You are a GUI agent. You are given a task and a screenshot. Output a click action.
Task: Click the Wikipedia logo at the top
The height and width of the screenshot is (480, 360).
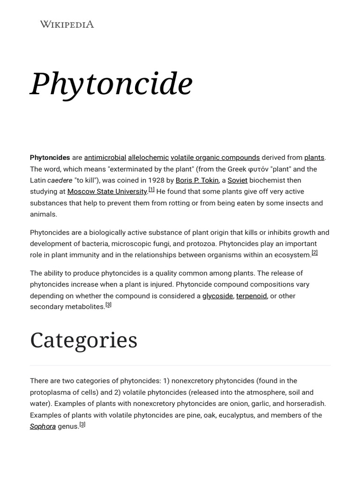coord(67,24)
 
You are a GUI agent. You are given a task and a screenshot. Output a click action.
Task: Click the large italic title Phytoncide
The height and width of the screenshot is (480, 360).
coord(111,84)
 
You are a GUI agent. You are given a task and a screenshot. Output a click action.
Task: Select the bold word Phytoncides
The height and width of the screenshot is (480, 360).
coord(50,157)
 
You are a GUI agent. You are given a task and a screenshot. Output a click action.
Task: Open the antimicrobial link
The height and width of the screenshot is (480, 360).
coord(105,157)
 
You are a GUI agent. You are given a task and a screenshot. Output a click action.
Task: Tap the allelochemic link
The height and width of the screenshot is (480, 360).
coord(148,157)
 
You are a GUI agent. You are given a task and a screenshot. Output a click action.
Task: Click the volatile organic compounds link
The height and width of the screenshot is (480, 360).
coord(215,157)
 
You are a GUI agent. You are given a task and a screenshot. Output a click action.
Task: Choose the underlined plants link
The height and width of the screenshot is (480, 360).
coord(314,157)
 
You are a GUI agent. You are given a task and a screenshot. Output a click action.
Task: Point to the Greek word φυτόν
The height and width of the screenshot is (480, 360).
coord(258,169)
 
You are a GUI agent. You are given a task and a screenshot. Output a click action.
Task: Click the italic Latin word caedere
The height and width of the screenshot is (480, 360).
coord(60,180)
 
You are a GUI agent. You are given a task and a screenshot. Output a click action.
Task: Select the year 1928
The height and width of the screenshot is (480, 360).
coord(156,180)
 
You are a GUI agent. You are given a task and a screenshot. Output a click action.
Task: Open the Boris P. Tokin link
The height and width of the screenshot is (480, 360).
coord(197,180)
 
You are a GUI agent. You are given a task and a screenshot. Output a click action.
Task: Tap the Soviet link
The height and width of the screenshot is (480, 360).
coord(237,180)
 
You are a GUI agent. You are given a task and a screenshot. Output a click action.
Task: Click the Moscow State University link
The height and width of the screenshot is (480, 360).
coord(107,192)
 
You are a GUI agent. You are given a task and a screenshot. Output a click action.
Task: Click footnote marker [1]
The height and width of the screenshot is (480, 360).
coord(151,190)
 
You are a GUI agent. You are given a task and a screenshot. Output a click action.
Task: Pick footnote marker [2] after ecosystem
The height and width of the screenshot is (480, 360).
coord(315,253)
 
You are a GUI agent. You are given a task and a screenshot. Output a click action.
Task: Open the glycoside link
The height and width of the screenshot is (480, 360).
coord(217,296)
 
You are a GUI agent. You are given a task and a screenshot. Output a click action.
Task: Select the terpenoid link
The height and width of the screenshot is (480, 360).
coord(251,296)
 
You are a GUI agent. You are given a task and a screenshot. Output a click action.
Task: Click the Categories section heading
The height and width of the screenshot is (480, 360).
coord(84,340)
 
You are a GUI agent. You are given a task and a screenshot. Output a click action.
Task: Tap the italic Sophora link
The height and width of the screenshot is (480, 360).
coord(43,427)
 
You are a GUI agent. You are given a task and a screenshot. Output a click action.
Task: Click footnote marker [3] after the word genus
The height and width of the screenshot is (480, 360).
coord(82,425)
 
